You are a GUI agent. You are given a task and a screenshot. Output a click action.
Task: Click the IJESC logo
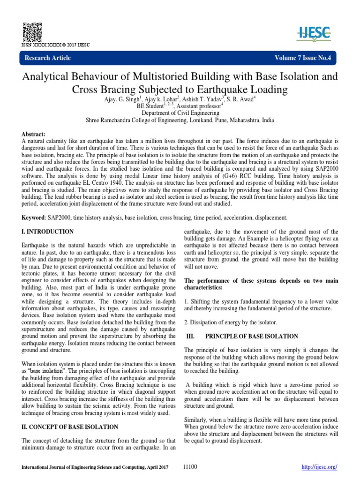[315, 32]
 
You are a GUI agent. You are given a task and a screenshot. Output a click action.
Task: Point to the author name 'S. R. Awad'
[241, 99]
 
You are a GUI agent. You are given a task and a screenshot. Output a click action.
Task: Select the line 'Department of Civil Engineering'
[180, 113]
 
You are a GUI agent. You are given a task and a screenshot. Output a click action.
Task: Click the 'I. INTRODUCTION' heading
[48, 232]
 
